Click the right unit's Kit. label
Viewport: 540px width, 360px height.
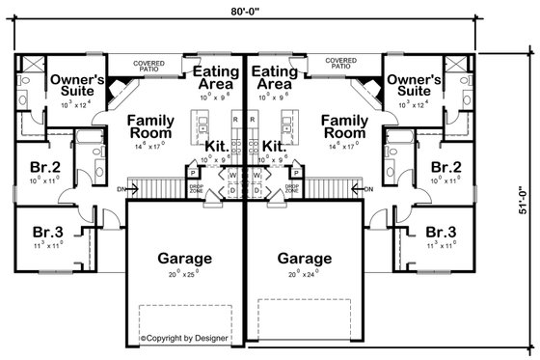click(x=272, y=146)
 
